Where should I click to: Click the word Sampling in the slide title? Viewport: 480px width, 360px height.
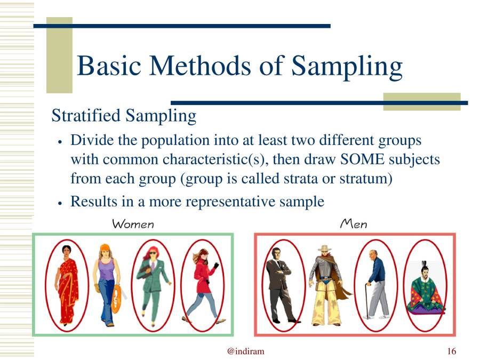coord(347,67)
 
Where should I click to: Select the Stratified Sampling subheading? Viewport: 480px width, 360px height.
coord(123,115)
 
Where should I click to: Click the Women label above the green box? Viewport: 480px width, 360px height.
coord(133,224)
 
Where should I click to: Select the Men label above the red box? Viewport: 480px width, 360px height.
coord(354,224)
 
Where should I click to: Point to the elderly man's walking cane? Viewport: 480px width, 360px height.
coord(367,301)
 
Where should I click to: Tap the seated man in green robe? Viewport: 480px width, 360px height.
coord(425,291)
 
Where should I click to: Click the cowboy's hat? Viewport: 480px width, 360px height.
coord(325,249)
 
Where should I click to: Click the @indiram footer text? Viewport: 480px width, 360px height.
coord(245,351)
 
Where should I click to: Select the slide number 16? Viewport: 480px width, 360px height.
coord(451,351)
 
